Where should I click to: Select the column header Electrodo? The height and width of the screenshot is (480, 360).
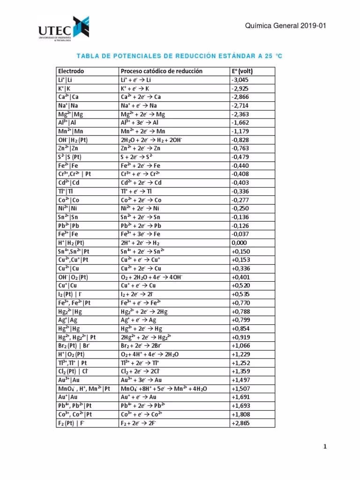click(71, 71)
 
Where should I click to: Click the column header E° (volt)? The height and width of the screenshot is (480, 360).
click(242, 71)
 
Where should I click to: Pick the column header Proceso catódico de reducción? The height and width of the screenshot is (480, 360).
click(161, 71)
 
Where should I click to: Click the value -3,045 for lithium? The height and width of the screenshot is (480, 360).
click(240, 80)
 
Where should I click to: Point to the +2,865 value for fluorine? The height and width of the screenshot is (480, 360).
click(241, 423)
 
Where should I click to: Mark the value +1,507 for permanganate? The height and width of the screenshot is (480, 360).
click(241, 389)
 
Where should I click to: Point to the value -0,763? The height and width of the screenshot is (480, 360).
click(240, 148)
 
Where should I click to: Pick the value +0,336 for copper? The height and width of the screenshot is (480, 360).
click(241, 269)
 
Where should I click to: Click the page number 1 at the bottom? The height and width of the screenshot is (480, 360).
click(324, 447)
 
